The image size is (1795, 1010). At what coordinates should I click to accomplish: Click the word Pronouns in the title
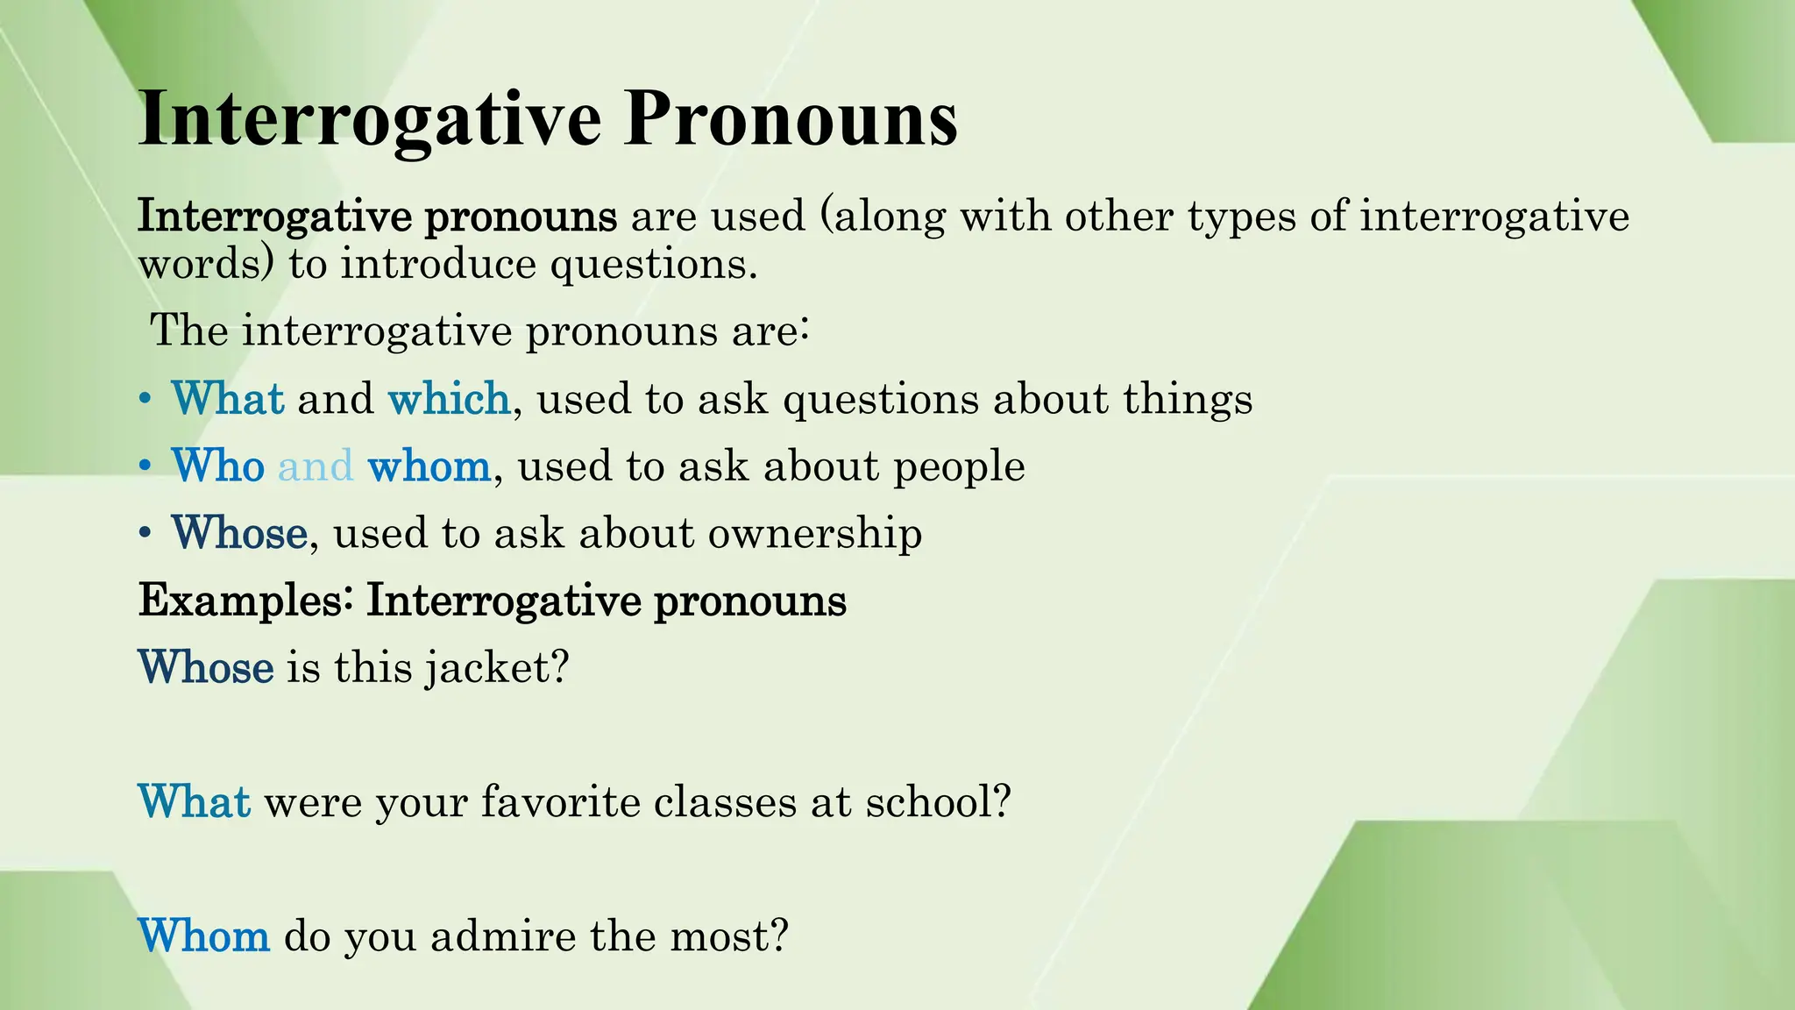pyautogui.click(x=790, y=119)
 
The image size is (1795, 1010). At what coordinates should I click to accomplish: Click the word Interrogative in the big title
pyautogui.click(x=369, y=119)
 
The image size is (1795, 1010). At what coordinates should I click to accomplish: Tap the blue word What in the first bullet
pyautogui.click(x=228, y=399)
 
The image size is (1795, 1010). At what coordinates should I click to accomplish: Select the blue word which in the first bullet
pyautogui.click(x=449, y=399)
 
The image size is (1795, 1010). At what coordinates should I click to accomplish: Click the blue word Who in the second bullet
pyautogui.click(x=218, y=466)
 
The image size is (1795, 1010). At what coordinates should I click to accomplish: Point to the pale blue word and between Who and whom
pyautogui.click(x=316, y=466)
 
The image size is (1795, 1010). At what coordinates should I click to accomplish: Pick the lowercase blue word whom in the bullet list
pyautogui.click(x=429, y=466)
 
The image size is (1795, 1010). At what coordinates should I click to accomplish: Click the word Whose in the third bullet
pyautogui.click(x=239, y=533)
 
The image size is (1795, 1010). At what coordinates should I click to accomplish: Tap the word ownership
pyautogui.click(x=815, y=533)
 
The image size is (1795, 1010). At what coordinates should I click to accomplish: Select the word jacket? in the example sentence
pyautogui.click(x=497, y=668)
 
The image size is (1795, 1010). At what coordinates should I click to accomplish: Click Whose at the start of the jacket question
pyautogui.click(x=206, y=668)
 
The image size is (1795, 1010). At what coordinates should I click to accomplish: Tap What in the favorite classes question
pyautogui.click(x=195, y=802)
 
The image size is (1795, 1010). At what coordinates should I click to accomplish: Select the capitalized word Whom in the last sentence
pyautogui.click(x=204, y=936)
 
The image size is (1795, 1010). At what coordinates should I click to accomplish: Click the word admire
pyautogui.click(x=502, y=936)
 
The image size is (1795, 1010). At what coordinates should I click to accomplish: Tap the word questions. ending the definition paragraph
pyautogui.click(x=653, y=264)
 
